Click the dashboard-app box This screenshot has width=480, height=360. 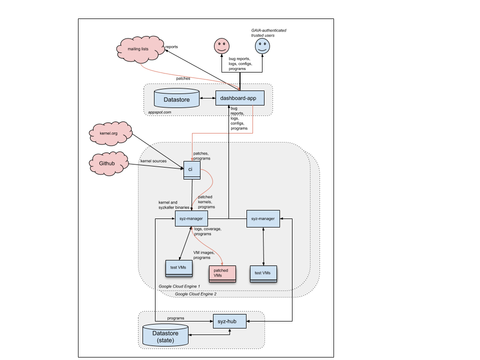tap(238, 98)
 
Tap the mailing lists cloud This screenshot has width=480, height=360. tap(138, 49)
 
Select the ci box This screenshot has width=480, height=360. tap(191, 169)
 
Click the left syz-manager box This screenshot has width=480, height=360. tap(191, 218)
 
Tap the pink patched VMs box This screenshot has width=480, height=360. tap(222, 272)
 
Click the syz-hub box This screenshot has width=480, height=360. tap(230, 321)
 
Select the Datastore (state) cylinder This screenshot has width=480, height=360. tap(165, 335)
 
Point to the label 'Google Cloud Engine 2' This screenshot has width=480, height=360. tap(195, 294)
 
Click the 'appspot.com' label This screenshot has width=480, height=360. tap(160, 112)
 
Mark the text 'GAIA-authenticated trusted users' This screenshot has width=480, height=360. tap(268, 33)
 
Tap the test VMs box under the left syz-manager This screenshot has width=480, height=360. tap(178, 268)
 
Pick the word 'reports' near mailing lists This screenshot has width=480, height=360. tap(171, 47)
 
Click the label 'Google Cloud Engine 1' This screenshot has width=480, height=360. tap(179, 286)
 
